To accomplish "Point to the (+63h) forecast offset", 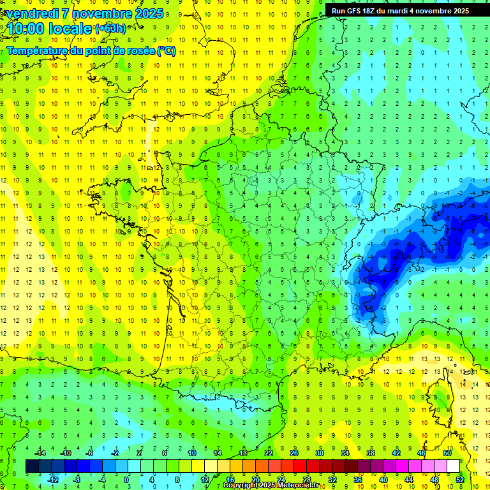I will tap(110, 28).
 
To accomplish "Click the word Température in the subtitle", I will tap(34, 51).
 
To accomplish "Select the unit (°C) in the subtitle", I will tap(167, 51).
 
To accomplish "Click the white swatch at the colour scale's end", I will tap(454, 466).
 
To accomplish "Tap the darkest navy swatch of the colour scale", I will tap(32, 466).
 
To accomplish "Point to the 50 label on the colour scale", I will tap(447, 453).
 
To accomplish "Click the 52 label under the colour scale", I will tap(460, 479).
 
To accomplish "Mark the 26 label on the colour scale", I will tap(294, 453).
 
